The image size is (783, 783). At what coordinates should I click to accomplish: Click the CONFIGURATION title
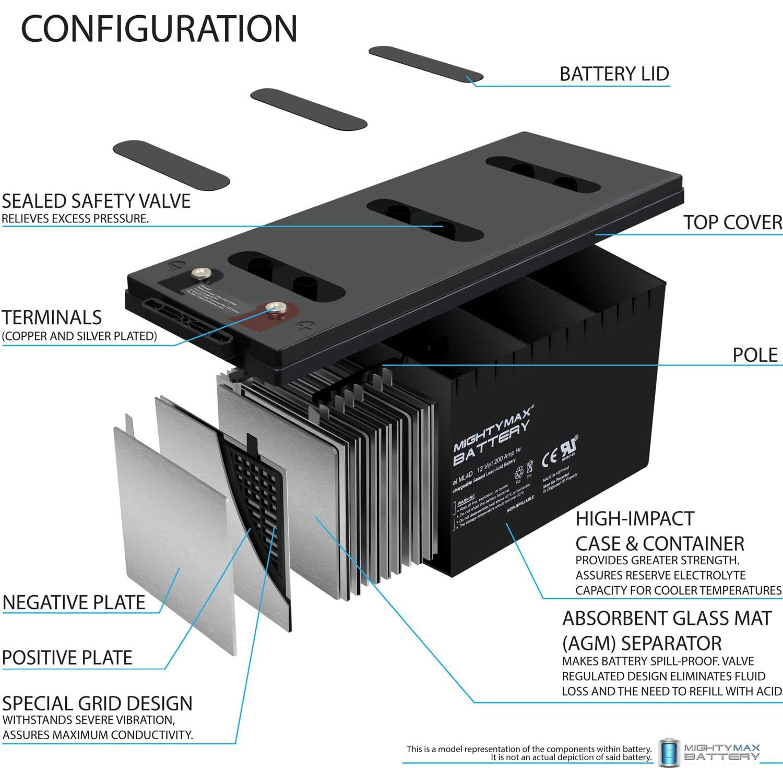pos(159,29)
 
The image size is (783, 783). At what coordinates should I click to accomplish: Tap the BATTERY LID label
pos(614,74)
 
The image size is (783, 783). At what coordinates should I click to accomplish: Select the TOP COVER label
pos(732,222)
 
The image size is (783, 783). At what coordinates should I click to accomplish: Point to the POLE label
pos(755,355)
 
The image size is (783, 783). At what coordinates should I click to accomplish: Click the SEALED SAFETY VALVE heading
pos(96,201)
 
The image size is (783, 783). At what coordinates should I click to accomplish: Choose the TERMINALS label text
pos(52,318)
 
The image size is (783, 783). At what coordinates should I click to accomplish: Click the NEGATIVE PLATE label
pos(74,602)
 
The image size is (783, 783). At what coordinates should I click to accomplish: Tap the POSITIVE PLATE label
pos(67,658)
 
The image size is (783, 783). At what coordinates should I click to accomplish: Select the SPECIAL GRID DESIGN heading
pos(97,704)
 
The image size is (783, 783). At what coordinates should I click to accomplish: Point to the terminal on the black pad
pos(200,273)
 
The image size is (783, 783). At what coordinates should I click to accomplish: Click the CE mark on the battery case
pos(550,458)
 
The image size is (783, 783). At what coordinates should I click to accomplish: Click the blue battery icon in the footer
pos(669,753)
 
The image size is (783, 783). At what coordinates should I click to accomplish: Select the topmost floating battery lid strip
pos(425,64)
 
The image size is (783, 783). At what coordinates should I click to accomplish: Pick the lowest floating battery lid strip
pos(171,164)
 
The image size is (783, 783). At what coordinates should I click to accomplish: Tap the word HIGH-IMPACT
pos(635,519)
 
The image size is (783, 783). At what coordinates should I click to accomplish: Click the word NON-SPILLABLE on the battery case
pos(520,504)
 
